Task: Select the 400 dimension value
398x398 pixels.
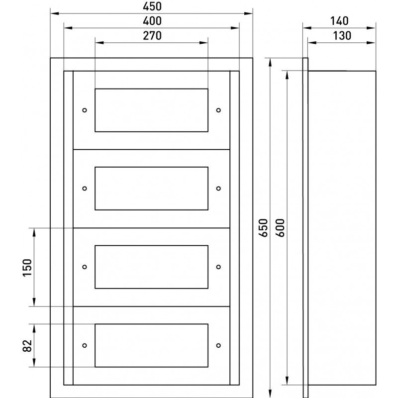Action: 151,21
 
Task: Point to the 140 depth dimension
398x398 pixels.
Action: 339,21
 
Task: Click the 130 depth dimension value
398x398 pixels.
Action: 341,35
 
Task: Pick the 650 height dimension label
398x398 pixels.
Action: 264,227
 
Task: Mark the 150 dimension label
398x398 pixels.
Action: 27,268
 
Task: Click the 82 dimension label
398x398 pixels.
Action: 27,345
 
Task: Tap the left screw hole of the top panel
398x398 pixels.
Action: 84,110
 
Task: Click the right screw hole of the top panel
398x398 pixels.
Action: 218,110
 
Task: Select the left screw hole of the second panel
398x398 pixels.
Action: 84,189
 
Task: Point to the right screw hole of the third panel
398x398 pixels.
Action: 218,267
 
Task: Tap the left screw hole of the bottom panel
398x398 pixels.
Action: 84,345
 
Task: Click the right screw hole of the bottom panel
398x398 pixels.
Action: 218,345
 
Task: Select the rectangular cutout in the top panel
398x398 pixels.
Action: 151,110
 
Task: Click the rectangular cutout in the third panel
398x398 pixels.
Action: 151,267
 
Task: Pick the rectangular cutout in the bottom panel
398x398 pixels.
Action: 151,345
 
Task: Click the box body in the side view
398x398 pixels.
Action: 342,227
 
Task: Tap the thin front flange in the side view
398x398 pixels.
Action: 305,227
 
